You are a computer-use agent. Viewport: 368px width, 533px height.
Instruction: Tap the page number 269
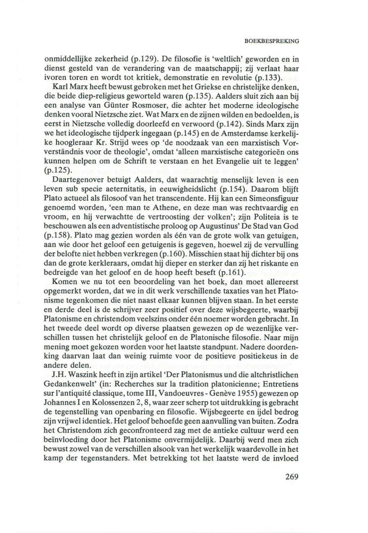point(288,476)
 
